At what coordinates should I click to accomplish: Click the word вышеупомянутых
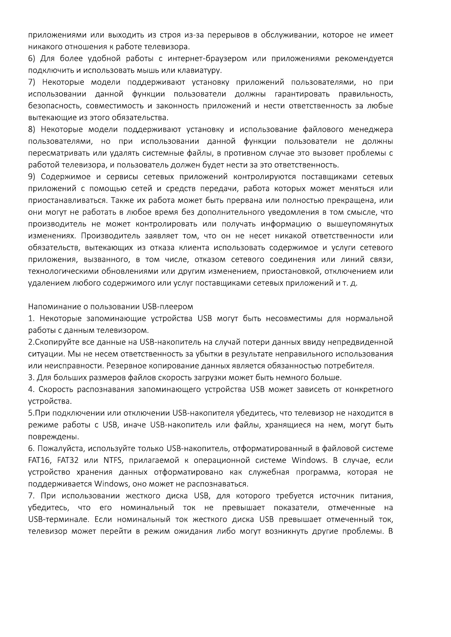coord(362,224)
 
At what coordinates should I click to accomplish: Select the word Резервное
coord(125,366)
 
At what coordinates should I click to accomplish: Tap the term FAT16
coord(39,461)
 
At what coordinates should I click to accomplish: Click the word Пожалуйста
coord(61,449)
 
